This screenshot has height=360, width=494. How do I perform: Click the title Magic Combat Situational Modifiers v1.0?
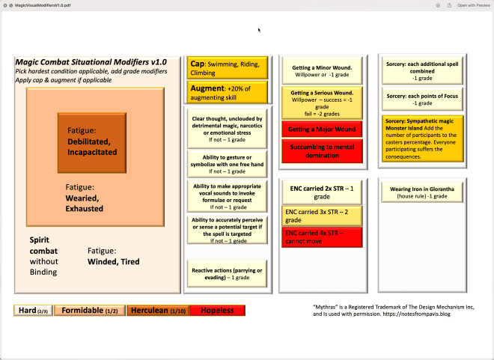[91, 61]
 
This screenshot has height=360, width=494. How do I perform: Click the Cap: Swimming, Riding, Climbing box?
[227, 68]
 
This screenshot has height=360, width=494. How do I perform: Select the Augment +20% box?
[227, 93]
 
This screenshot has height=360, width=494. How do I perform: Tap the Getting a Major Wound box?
[322, 129]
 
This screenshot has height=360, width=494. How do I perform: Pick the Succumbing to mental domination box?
[322, 150]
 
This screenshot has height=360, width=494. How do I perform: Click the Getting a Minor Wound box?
[322, 72]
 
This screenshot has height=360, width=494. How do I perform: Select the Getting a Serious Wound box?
[322, 102]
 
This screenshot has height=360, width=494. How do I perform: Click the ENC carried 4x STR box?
[322, 237]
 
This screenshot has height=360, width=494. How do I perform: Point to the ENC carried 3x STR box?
[322, 216]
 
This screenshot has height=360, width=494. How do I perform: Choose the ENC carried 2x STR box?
[322, 192]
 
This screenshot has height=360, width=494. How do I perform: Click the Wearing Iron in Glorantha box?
[423, 192]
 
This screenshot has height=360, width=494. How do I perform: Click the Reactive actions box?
[227, 273]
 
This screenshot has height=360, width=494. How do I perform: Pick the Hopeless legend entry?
[217, 310]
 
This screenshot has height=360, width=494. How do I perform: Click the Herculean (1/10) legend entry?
[159, 310]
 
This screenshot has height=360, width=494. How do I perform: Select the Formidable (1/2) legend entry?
[90, 310]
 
